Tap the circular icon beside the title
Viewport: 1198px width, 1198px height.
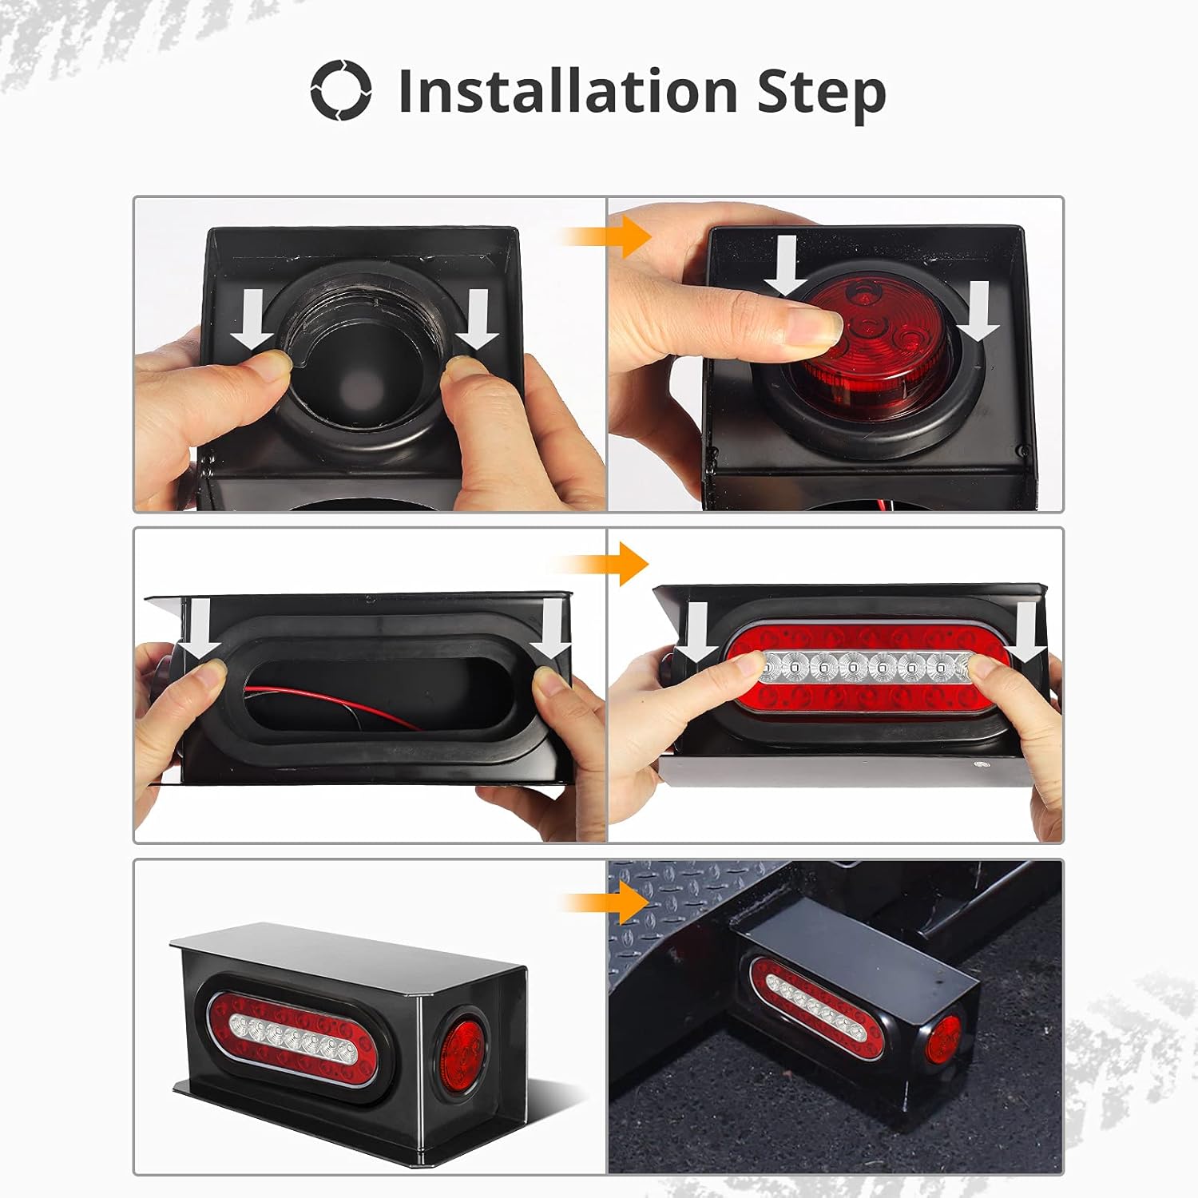[x=341, y=90]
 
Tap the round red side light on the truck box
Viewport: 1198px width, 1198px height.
[x=944, y=1038]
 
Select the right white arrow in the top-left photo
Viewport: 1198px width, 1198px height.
[x=478, y=319]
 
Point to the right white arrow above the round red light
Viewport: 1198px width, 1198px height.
[x=979, y=311]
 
